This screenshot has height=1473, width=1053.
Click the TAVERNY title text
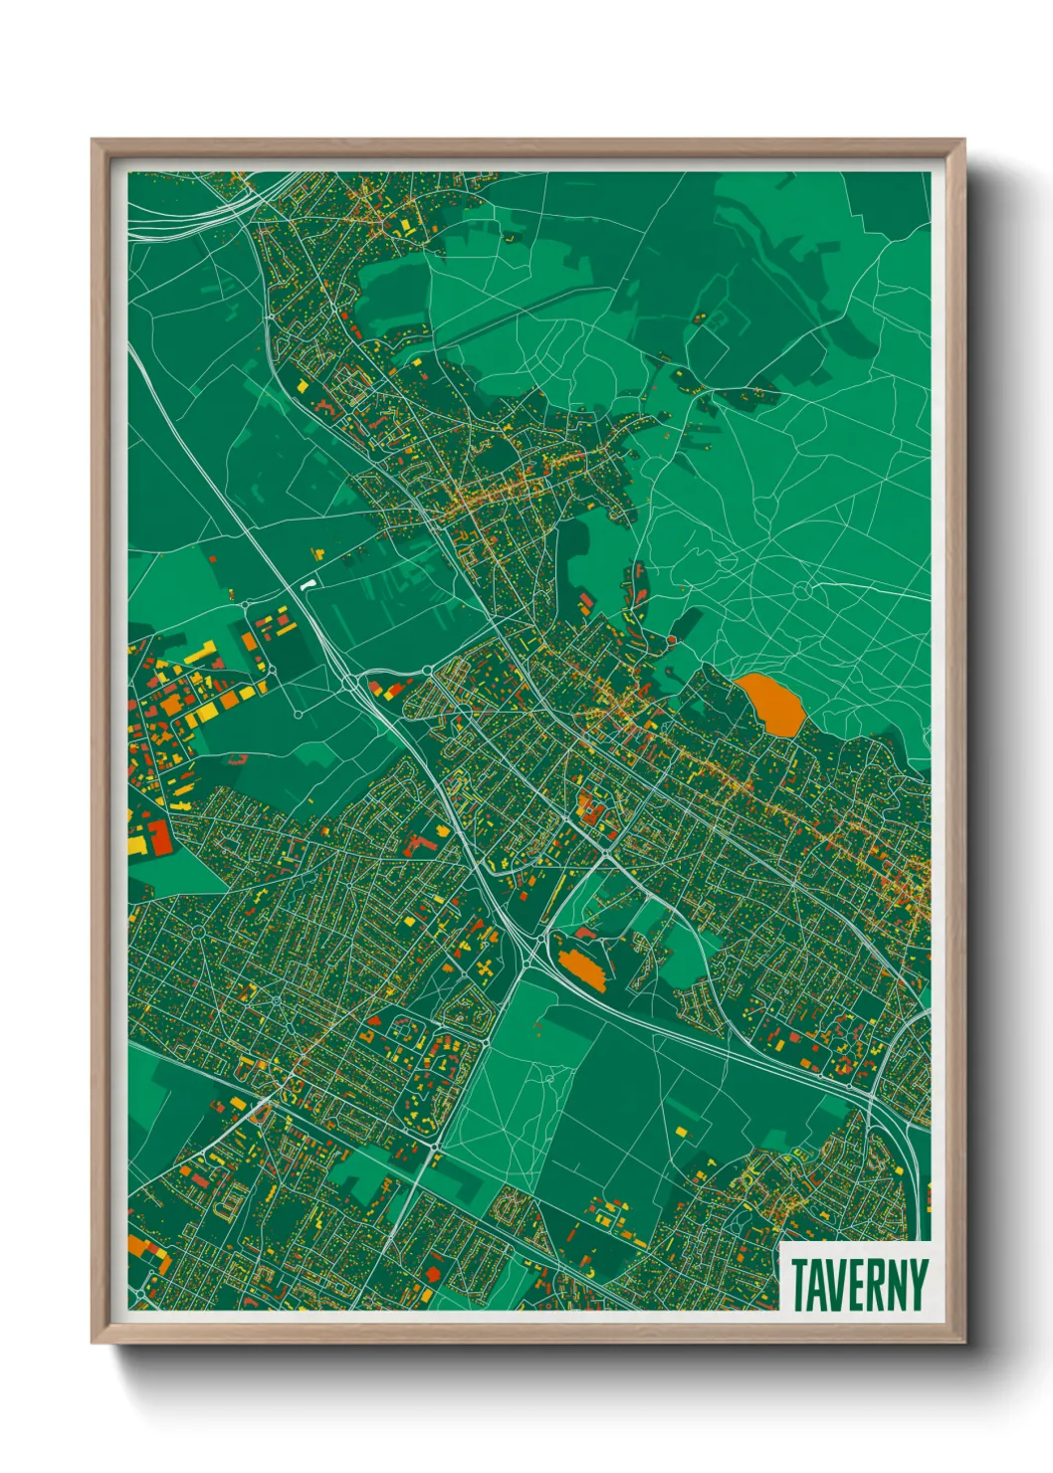tap(860, 1285)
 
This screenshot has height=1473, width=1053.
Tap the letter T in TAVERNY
tap(799, 1285)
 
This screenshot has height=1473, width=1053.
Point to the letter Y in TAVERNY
tap(918, 1285)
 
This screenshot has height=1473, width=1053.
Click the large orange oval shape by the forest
tap(771, 703)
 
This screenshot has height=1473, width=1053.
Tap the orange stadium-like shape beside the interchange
tap(581, 966)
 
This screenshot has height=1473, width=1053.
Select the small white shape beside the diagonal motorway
tap(309, 584)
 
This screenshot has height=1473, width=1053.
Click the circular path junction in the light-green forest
tap(803, 590)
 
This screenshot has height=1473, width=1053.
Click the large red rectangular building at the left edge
tap(161, 837)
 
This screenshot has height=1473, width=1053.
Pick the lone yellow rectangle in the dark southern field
tap(681, 1132)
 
